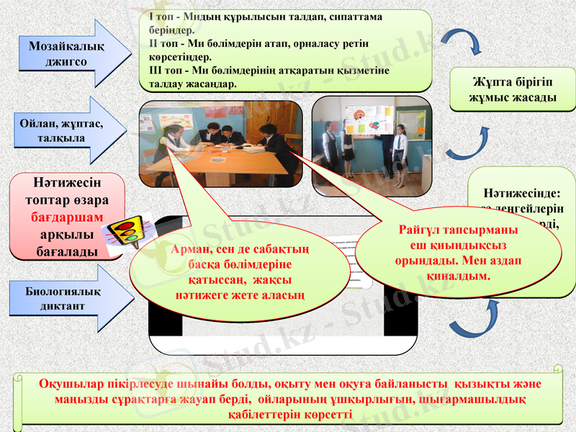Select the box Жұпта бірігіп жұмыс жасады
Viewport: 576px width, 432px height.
tap(512, 89)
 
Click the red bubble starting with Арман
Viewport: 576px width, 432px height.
tap(241, 272)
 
